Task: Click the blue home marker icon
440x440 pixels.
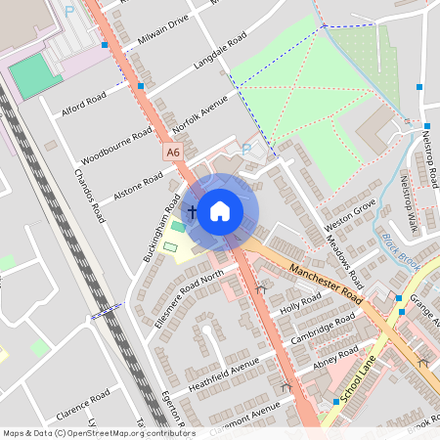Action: [220, 210]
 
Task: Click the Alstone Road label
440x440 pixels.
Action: [138, 182]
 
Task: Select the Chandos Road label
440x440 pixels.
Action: [89, 195]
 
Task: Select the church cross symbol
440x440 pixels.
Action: [193, 211]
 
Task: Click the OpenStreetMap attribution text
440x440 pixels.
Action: [98, 432]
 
